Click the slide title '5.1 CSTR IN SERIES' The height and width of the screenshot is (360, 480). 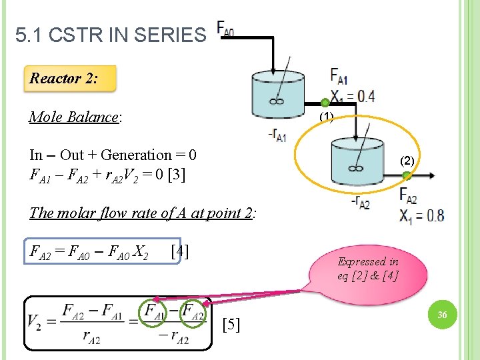point(111,35)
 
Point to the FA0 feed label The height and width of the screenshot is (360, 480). point(225,29)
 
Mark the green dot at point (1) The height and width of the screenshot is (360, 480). point(325,103)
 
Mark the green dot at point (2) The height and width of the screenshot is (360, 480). point(406,175)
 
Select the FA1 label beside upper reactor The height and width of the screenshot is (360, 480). point(339,75)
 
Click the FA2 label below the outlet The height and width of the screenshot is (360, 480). point(409,195)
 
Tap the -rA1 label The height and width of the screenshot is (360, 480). point(277,136)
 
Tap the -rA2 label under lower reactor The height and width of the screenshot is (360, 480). point(360,204)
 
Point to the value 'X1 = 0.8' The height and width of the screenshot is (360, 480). point(421,215)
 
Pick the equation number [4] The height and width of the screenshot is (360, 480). point(179,251)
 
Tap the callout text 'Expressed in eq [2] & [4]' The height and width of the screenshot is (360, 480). point(368,269)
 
